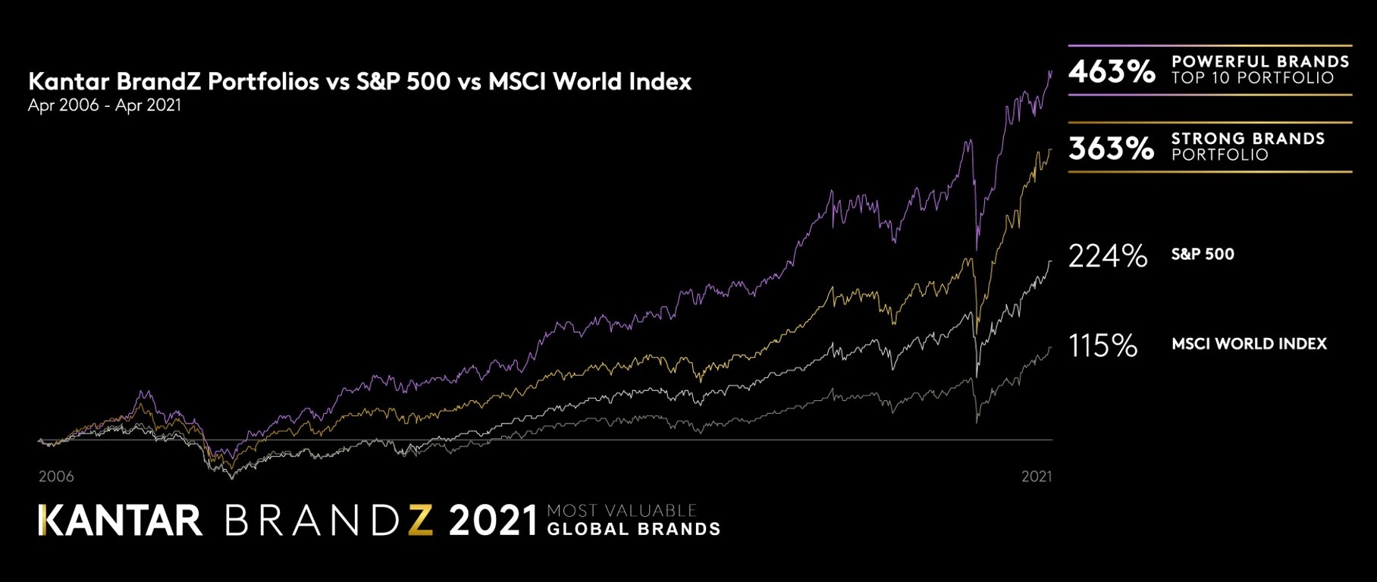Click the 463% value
click(1112, 71)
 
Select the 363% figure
click(1111, 148)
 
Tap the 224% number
click(1107, 256)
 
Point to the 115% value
click(1103, 346)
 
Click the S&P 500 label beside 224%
click(1203, 255)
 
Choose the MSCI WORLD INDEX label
click(1249, 344)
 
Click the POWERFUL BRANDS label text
click(1260, 61)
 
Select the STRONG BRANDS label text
click(1248, 139)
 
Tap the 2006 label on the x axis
click(56, 477)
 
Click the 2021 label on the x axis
click(1037, 477)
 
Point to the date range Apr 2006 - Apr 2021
click(105, 105)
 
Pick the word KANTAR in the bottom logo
click(121, 521)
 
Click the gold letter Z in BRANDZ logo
click(420, 521)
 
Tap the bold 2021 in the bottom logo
click(493, 521)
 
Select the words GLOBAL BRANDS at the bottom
click(633, 530)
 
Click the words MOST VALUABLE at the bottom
click(622, 511)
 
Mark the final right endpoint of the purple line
click(1051, 72)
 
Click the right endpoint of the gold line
click(1051, 150)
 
